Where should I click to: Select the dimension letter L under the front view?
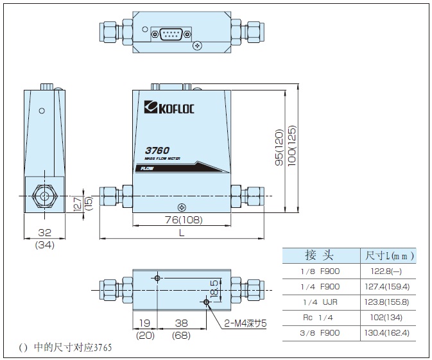click(x=181, y=233)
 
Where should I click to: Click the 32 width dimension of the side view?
click(x=44, y=233)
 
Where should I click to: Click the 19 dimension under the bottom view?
click(x=144, y=323)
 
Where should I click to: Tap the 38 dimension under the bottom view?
click(x=181, y=323)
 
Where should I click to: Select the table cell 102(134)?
click(x=388, y=318)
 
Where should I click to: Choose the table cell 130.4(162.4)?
click(x=387, y=333)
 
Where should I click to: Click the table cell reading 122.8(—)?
click(x=388, y=271)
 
